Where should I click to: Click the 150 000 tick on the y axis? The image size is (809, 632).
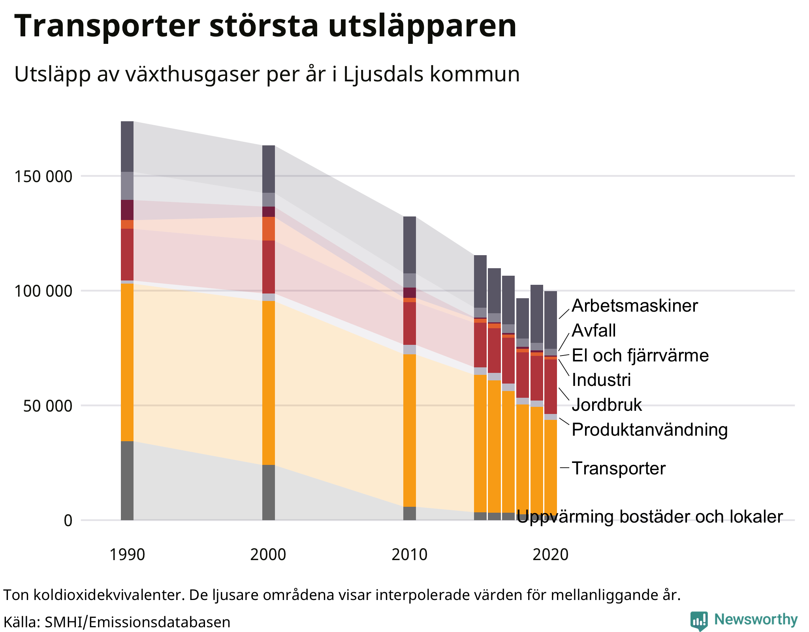(x=43, y=177)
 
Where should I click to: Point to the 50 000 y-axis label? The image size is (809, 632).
(x=47, y=406)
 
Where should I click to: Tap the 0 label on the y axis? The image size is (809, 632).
(x=68, y=521)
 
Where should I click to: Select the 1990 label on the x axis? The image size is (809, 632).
(x=127, y=555)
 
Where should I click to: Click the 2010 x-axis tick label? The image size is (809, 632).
(x=409, y=555)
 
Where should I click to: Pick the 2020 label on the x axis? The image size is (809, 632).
(x=550, y=555)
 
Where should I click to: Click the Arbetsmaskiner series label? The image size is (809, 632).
(x=634, y=306)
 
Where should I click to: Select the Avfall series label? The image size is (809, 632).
(x=593, y=331)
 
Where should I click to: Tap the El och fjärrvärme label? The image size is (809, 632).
(x=640, y=355)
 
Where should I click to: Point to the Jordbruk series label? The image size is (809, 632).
(x=606, y=405)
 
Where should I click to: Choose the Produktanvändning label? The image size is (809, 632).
(x=649, y=430)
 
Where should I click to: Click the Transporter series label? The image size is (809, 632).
(x=618, y=468)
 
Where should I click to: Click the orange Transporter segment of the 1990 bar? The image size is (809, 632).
(x=127, y=361)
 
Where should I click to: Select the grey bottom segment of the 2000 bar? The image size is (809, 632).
(x=268, y=492)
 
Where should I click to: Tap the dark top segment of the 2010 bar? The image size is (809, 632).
(x=409, y=245)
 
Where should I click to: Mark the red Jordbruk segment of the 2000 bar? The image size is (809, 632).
(x=268, y=267)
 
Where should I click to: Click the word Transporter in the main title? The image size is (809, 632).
(x=107, y=26)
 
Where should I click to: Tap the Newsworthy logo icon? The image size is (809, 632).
(x=698, y=621)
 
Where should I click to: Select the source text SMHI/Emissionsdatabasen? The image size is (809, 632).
(x=137, y=622)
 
